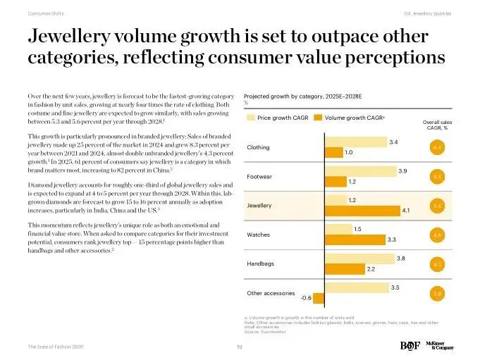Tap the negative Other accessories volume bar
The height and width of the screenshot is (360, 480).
(319, 297)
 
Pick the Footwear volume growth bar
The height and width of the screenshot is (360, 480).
(335, 181)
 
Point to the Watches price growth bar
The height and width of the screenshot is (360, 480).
(338, 229)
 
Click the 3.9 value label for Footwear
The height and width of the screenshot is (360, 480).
(402, 171)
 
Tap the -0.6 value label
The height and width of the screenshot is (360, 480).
(306, 297)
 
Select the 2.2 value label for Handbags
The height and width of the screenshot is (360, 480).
(371, 268)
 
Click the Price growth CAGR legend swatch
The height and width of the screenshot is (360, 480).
(250, 118)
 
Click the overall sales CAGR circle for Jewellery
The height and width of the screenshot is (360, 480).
(437, 206)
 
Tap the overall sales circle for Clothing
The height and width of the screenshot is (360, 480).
(437, 147)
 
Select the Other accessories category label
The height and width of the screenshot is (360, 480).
(271, 292)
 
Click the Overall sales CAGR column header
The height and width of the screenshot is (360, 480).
(436, 125)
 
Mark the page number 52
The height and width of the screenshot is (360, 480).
(240, 347)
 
